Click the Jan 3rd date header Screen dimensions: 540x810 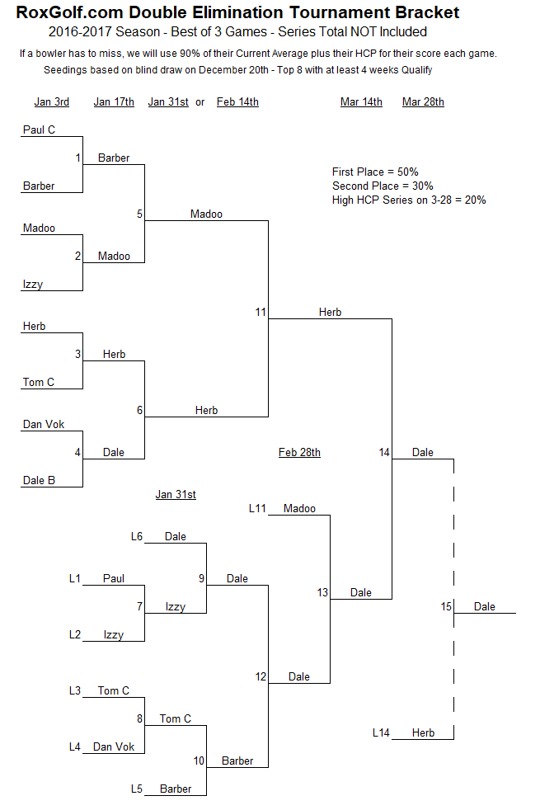(52, 101)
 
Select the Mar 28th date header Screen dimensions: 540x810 (423, 101)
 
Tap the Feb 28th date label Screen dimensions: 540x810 (299, 453)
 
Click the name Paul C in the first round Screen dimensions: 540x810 (39, 130)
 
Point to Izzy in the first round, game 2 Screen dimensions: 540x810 (32, 284)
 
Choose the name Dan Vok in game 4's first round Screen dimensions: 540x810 (44, 424)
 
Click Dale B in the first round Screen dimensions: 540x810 (39, 480)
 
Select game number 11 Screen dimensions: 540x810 (261, 312)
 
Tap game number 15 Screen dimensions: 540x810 (446, 606)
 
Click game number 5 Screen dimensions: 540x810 (139, 214)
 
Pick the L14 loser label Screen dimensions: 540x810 (381, 732)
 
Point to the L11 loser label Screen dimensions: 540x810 (257, 508)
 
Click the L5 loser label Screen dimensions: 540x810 (136, 789)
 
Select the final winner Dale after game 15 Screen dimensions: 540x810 (484, 606)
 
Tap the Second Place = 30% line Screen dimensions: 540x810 (383, 186)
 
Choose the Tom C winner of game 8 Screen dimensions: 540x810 (175, 718)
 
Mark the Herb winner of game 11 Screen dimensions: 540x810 (330, 312)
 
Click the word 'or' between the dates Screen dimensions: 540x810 (200, 102)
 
